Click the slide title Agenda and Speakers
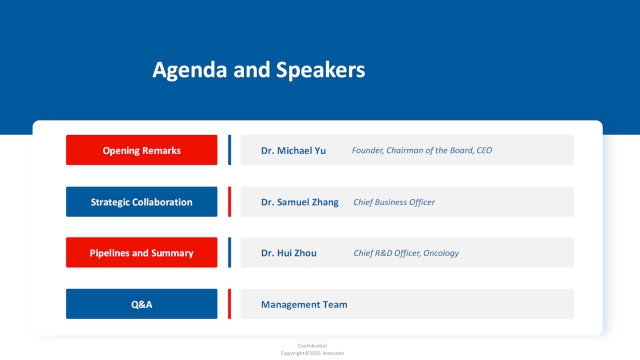tap(258, 70)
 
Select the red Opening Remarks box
tap(141, 150)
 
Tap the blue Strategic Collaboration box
tap(141, 202)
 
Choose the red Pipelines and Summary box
tap(141, 253)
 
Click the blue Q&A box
tap(141, 304)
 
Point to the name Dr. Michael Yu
tap(293, 150)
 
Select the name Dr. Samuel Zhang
tap(299, 202)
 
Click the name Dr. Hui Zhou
tap(288, 253)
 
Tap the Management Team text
tap(304, 304)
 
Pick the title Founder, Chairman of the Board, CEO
tap(421, 150)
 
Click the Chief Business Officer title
tap(393, 202)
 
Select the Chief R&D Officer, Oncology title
tap(406, 253)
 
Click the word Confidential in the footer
tap(312, 345)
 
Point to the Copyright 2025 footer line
tap(312, 353)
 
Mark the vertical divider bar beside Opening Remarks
tap(229, 150)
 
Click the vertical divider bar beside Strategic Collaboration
tap(229, 202)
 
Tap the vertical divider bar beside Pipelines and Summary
tap(229, 253)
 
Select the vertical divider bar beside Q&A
tap(229, 304)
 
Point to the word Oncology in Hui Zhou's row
tap(440, 253)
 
